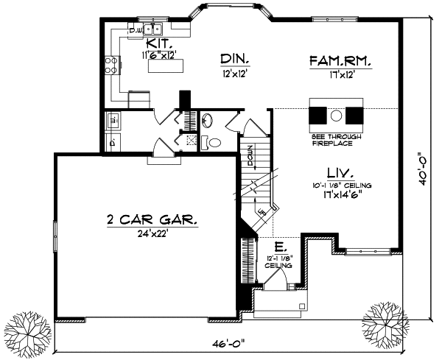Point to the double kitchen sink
pos(154,29)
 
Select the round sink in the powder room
pos(207,120)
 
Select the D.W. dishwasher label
pos(136,30)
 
